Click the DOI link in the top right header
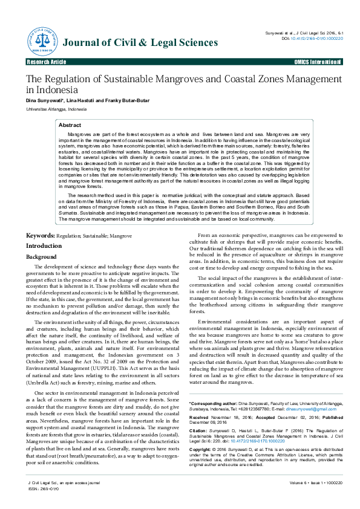click(x=317, y=37)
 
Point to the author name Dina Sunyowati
click(x=44, y=100)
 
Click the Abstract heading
click(x=70, y=125)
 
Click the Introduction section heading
click(x=44, y=246)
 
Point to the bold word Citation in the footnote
click(x=199, y=413)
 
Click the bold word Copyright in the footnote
click(x=201, y=433)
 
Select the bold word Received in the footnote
click(x=200, y=400)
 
